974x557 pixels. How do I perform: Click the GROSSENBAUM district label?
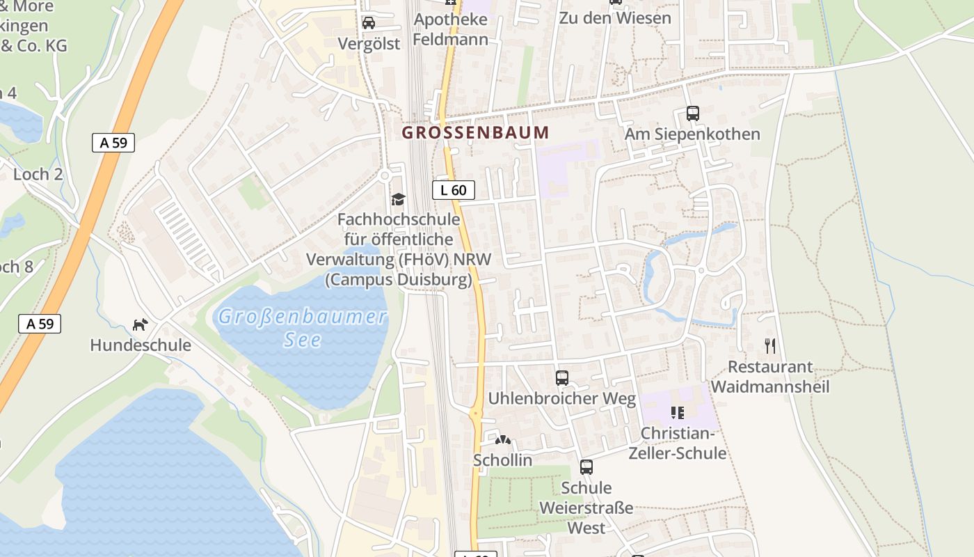475,132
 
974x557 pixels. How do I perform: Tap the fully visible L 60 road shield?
454,190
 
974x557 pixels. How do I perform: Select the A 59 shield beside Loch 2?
113,143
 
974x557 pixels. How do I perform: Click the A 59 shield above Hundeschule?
40,323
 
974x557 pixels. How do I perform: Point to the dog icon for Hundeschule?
141,324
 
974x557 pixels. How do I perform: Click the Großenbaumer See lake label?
302,328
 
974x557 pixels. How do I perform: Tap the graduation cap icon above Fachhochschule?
398,200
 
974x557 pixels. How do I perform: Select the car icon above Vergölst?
369,23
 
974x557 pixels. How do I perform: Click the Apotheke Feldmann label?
450,29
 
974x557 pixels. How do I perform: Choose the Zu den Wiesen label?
615,18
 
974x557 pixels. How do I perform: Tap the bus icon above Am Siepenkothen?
692,113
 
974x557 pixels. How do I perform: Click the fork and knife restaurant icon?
770,346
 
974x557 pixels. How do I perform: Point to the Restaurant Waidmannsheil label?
770,377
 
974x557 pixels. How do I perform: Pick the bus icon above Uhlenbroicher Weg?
562,378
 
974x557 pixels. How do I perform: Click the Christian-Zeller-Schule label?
677,443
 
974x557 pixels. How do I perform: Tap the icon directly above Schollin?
502,440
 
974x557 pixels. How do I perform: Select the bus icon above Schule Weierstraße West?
586,467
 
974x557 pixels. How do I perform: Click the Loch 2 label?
38,174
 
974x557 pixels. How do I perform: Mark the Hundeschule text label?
141,345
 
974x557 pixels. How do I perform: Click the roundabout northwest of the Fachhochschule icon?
384,176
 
